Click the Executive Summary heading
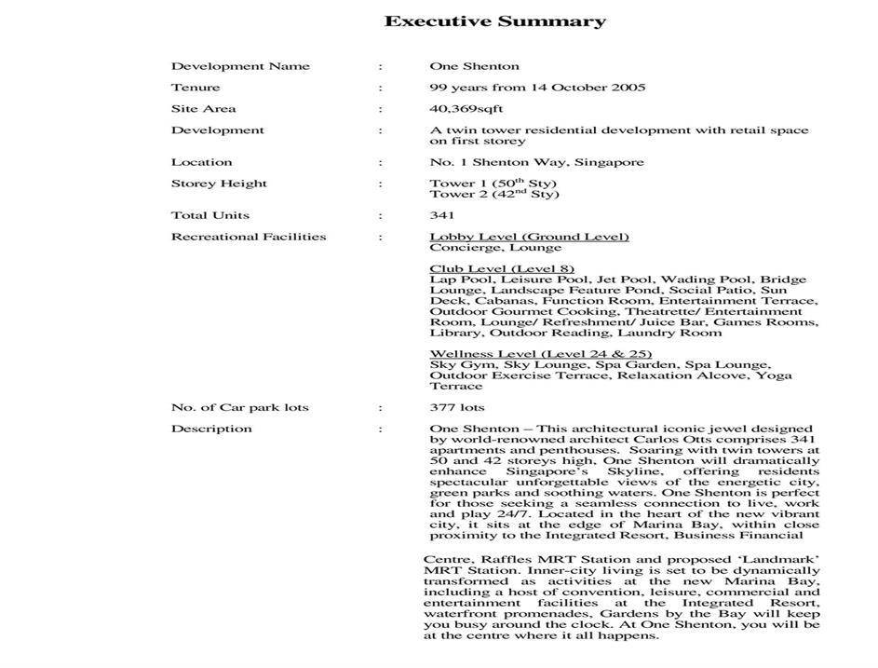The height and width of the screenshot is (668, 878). pyautogui.click(x=494, y=21)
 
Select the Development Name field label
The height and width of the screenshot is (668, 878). pyautogui.click(x=240, y=66)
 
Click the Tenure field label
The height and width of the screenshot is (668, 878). pyautogui.click(x=196, y=88)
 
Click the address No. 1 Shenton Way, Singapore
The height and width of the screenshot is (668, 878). pyautogui.click(x=536, y=162)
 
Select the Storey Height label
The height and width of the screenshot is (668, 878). pyautogui.click(x=219, y=184)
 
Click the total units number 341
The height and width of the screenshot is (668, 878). pyautogui.click(x=442, y=215)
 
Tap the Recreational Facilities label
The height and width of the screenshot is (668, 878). pyautogui.click(x=249, y=237)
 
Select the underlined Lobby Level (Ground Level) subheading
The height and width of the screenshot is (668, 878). pyautogui.click(x=529, y=237)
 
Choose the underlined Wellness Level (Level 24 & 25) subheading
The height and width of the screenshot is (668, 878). pyautogui.click(x=540, y=354)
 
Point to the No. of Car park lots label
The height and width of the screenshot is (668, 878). pyautogui.click(x=239, y=407)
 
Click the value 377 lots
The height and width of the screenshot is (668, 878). pyautogui.click(x=457, y=407)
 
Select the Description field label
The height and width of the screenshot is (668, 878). pyautogui.click(x=211, y=429)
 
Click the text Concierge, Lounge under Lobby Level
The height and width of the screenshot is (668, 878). pyautogui.click(x=495, y=248)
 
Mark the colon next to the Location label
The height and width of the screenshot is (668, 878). pyautogui.click(x=381, y=162)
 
